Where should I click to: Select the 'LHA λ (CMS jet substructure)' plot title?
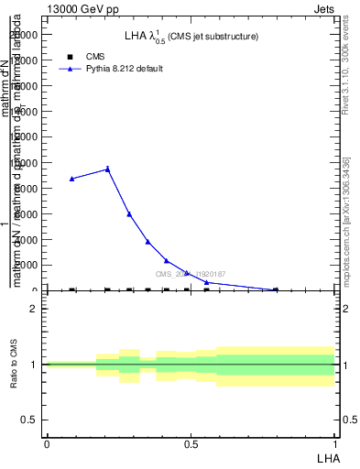click(x=191, y=37)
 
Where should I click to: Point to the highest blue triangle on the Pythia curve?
click(x=108, y=169)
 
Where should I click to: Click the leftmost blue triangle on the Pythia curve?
click(x=72, y=179)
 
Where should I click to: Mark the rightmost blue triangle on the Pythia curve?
click(x=276, y=289)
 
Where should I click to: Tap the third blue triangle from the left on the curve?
click(x=129, y=214)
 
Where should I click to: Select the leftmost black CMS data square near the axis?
click(x=72, y=290)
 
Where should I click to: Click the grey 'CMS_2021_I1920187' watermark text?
click(x=190, y=274)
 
